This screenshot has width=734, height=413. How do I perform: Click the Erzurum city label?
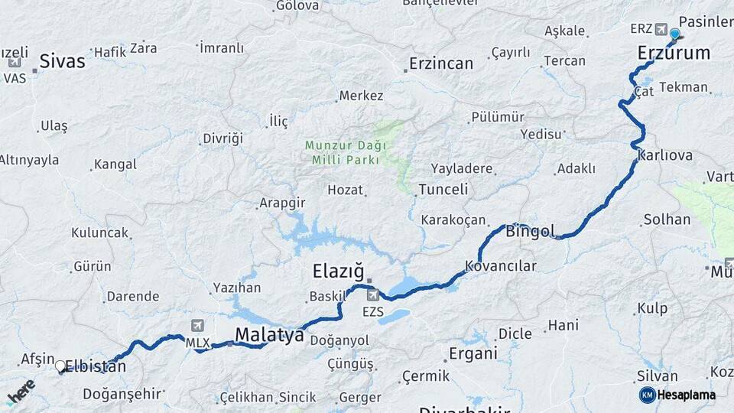[674, 53]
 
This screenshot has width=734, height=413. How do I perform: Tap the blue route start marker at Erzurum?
[674, 34]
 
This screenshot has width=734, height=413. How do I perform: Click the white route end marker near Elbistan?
[60, 366]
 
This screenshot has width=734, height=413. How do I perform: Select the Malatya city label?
[269, 335]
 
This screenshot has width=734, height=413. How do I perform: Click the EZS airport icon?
[372, 295]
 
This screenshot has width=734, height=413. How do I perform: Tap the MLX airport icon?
[199, 327]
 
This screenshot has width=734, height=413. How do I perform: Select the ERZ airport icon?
[661, 29]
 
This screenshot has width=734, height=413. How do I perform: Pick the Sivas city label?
[62, 61]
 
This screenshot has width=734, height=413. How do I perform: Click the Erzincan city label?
[441, 63]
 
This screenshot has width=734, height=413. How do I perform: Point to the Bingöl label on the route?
[530, 231]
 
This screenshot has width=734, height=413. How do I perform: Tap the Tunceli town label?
[443, 189]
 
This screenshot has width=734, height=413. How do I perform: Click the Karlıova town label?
[664, 155]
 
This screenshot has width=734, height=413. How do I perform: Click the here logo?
[21, 392]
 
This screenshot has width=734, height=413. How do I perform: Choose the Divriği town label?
[222, 138]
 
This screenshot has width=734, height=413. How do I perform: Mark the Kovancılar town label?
[501, 266]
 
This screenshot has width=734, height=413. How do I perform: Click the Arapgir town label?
[282, 203]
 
